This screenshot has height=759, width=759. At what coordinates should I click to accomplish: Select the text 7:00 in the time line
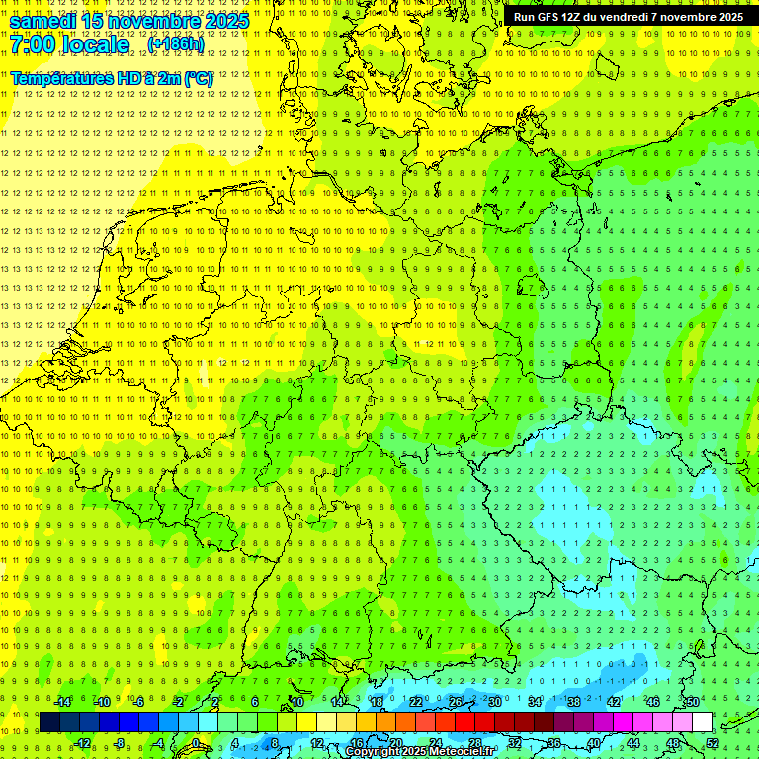(x=32, y=44)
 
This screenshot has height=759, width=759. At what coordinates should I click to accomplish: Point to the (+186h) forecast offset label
(x=175, y=44)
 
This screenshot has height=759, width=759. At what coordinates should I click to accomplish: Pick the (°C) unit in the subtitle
(x=198, y=78)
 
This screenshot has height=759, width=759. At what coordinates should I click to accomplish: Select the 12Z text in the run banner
(x=570, y=17)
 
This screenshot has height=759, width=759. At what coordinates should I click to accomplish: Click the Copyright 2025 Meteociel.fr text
(x=420, y=752)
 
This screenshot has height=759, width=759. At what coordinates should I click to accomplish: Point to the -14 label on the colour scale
(x=63, y=702)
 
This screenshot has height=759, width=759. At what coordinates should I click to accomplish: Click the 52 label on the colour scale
(x=713, y=743)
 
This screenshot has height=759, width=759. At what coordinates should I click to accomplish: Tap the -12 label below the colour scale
(x=82, y=743)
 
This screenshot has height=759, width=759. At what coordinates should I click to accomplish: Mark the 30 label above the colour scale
(x=494, y=702)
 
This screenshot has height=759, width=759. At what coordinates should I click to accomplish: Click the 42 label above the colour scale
(x=613, y=702)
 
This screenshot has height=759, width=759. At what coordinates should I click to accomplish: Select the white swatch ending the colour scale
(x=702, y=722)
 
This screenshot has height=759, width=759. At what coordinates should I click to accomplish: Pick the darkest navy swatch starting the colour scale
(x=49, y=722)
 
